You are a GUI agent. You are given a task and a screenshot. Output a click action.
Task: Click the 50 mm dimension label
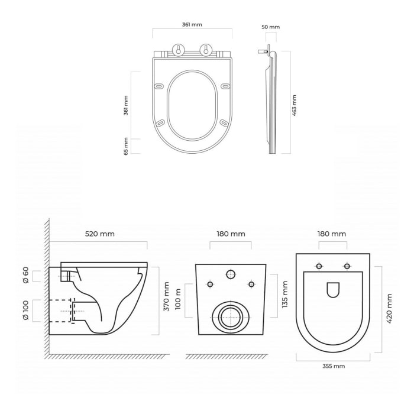tap(271, 27)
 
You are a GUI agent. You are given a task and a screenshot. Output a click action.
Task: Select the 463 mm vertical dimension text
tap(295, 105)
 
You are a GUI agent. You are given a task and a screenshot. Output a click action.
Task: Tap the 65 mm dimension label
tap(126, 146)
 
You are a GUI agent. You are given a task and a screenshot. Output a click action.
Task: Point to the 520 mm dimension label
tap(99, 234)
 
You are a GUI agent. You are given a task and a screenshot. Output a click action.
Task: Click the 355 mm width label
tap(334, 366)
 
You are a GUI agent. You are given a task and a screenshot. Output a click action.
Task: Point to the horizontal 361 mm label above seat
tap(192, 24)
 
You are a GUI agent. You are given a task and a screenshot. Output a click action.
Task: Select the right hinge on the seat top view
tap(206, 50)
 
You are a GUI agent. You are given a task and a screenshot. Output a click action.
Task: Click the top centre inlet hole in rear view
tap(231, 273)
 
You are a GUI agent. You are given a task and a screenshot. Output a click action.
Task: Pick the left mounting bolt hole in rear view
tap(210, 284)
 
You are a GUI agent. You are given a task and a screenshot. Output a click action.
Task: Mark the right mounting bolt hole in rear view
tap(251, 284)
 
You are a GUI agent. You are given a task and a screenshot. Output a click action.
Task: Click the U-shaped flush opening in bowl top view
tap(333, 290)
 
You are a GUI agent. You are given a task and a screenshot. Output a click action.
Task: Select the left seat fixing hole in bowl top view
tap(319, 266)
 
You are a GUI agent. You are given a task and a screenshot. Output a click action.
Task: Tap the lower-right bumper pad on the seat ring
tap(223, 123)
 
